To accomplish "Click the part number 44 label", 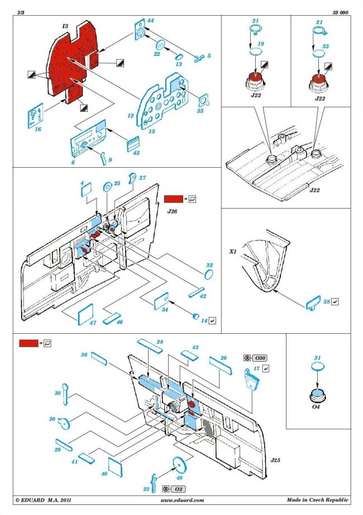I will [150, 21].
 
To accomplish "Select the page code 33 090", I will [340, 12].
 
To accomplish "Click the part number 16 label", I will [38, 129].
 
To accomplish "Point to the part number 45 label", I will [136, 153].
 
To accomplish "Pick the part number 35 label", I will [200, 111].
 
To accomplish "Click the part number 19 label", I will [261, 42].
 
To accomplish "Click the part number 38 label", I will [326, 302].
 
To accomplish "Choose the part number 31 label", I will [318, 358].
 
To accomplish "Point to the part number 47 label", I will [92, 324].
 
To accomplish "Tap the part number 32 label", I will [209, 264].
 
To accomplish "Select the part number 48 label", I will [179, 478].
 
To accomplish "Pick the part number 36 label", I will [84, 355].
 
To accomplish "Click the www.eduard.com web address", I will [182, 500].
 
